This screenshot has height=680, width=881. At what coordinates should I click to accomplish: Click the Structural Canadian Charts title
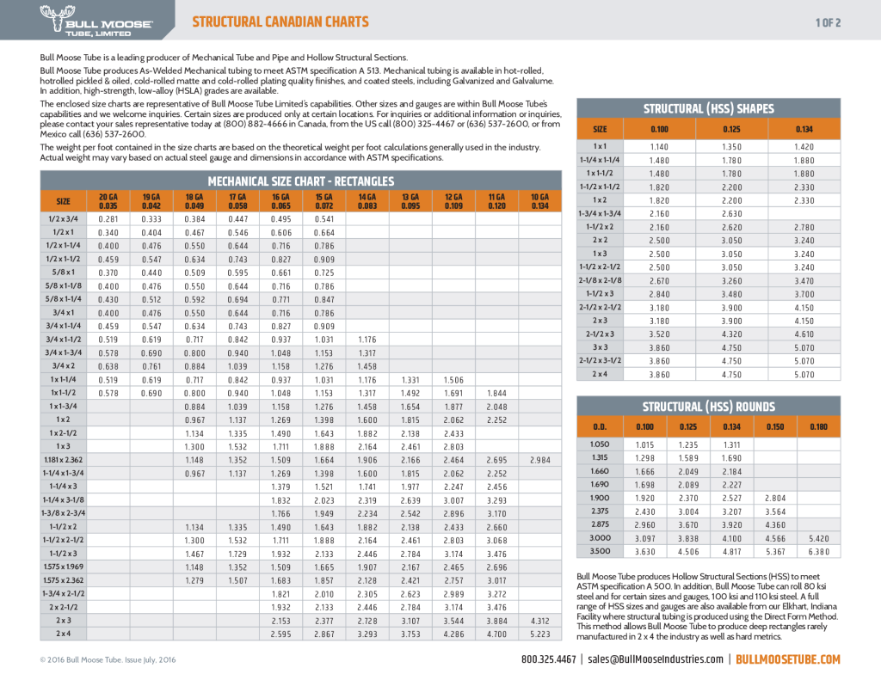point(280,21)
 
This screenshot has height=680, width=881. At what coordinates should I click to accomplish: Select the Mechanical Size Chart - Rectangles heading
point(300,181)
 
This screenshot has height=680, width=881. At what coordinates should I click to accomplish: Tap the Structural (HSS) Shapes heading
point(708,108)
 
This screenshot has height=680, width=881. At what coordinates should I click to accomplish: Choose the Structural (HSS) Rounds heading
point(708,407)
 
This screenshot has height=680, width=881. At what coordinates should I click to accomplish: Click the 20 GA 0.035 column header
point(108,201)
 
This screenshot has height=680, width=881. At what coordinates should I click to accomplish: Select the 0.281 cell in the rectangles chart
point(108,218)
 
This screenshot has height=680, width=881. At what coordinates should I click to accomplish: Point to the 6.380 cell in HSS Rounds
point(817,551)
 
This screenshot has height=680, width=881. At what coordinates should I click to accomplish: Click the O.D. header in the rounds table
point(600,426)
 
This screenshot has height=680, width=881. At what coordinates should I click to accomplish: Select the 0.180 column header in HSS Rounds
point(817,426)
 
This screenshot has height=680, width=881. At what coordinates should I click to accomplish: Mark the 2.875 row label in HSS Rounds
point(600,524)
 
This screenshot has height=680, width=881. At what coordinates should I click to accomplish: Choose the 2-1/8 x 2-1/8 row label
point(600,280)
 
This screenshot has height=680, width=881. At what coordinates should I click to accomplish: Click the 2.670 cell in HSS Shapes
point(658,280)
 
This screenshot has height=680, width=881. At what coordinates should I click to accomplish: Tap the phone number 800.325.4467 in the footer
point(549,659)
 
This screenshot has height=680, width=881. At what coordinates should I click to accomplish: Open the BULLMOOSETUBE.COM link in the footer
point(788,659)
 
